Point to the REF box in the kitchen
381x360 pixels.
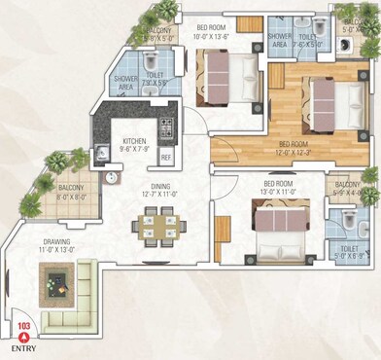165,156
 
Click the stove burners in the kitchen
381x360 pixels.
166,126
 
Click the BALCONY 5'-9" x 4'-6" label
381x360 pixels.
347,189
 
